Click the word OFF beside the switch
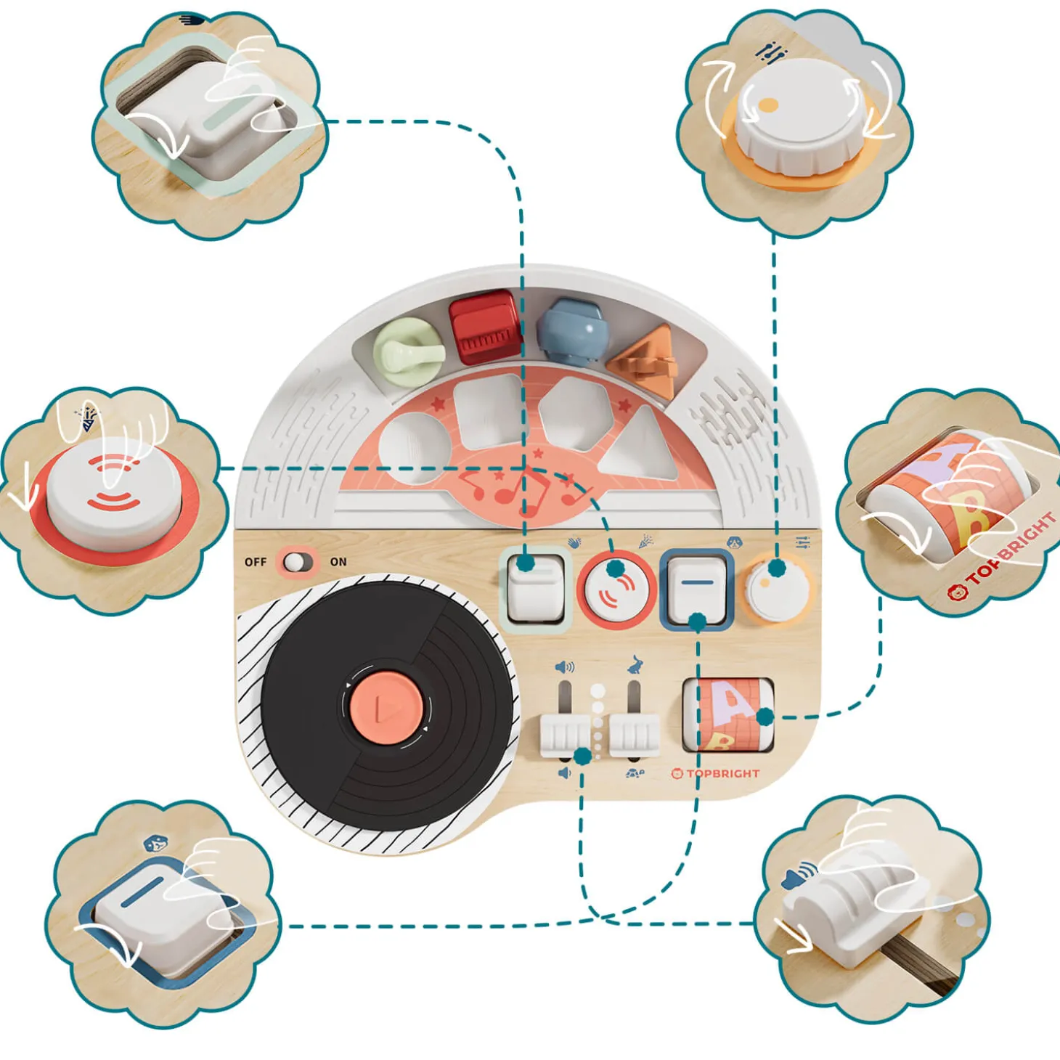click(256, 562)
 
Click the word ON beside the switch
click(338, 562)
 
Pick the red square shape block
click(484, 330)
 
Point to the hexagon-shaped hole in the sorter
click(574, 414)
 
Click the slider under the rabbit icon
click(635, 733)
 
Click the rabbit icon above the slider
click(635, 664)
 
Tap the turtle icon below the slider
click(635, 774)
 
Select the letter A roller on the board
click(727, 715)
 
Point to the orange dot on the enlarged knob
click(768, 105)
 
